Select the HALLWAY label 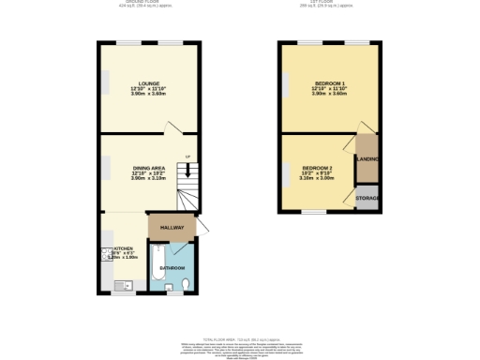tap(171, 228)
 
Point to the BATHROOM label tap(171, 268)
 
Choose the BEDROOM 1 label tap(329, 83)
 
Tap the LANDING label tap(367, 160)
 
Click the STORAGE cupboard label tap(367, 199)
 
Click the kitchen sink tap(118, 285)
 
